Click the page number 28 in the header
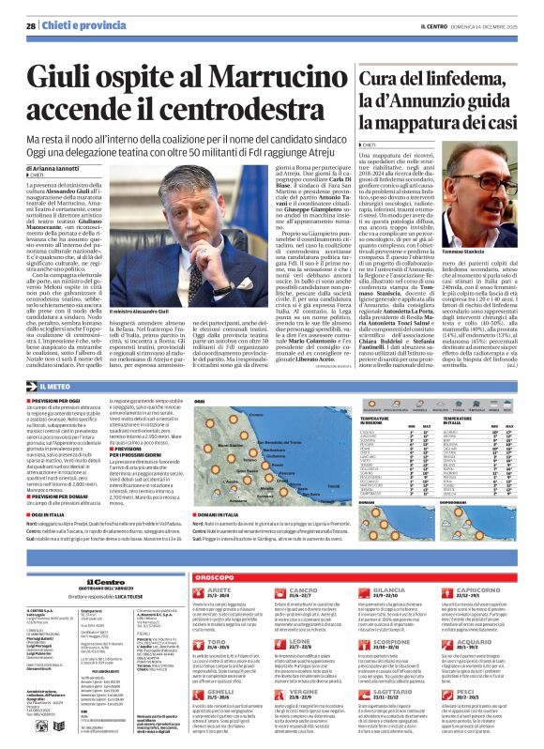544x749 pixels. click(x=31, y=26)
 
